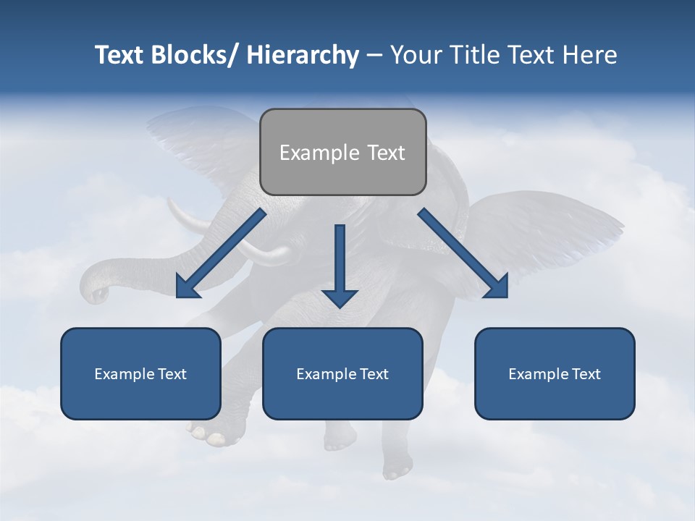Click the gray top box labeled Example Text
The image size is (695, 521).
342,152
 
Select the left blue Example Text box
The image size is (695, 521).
140,373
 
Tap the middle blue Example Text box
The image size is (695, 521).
342,373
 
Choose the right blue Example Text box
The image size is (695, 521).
555,373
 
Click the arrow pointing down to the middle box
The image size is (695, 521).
340,268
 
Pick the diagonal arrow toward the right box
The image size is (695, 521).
463,253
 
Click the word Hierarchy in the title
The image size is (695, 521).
303,55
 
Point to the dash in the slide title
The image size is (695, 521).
374,55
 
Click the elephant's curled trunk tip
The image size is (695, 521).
96,294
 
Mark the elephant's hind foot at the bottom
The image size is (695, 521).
397,467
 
